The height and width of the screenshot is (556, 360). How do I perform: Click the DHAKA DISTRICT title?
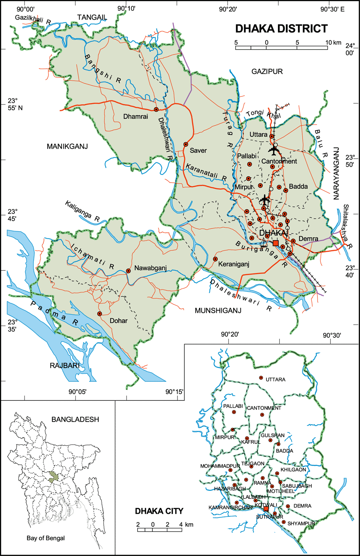[281, 29]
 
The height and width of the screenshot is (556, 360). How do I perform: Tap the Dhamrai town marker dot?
[156, 109]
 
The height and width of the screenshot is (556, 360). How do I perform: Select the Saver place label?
[198, 151]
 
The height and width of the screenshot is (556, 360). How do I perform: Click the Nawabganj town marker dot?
[128, 271]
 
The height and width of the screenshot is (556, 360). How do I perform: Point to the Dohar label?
[118, 320]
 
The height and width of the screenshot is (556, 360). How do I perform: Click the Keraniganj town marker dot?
[215, 259]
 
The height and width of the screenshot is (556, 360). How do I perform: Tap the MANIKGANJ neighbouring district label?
[67, 146]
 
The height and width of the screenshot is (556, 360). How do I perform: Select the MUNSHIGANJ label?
[218, 310]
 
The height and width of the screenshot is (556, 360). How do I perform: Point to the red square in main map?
[275, 243]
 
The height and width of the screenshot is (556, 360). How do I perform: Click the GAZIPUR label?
[267, 72]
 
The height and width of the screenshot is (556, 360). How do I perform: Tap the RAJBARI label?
[64, 366]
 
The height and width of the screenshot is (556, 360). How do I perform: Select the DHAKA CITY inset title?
[159, 511]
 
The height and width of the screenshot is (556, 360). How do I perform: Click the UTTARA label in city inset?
[275, 380]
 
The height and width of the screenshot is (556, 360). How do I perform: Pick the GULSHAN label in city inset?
[273, 435]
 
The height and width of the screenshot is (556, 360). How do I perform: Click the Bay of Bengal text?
[46, 538]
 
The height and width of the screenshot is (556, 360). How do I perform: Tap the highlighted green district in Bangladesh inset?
[54, 477]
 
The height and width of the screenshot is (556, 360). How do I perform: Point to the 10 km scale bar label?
[333, 42]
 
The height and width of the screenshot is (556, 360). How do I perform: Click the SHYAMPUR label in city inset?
[301, 523]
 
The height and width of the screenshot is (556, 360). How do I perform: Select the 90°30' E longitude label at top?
[332, 9]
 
